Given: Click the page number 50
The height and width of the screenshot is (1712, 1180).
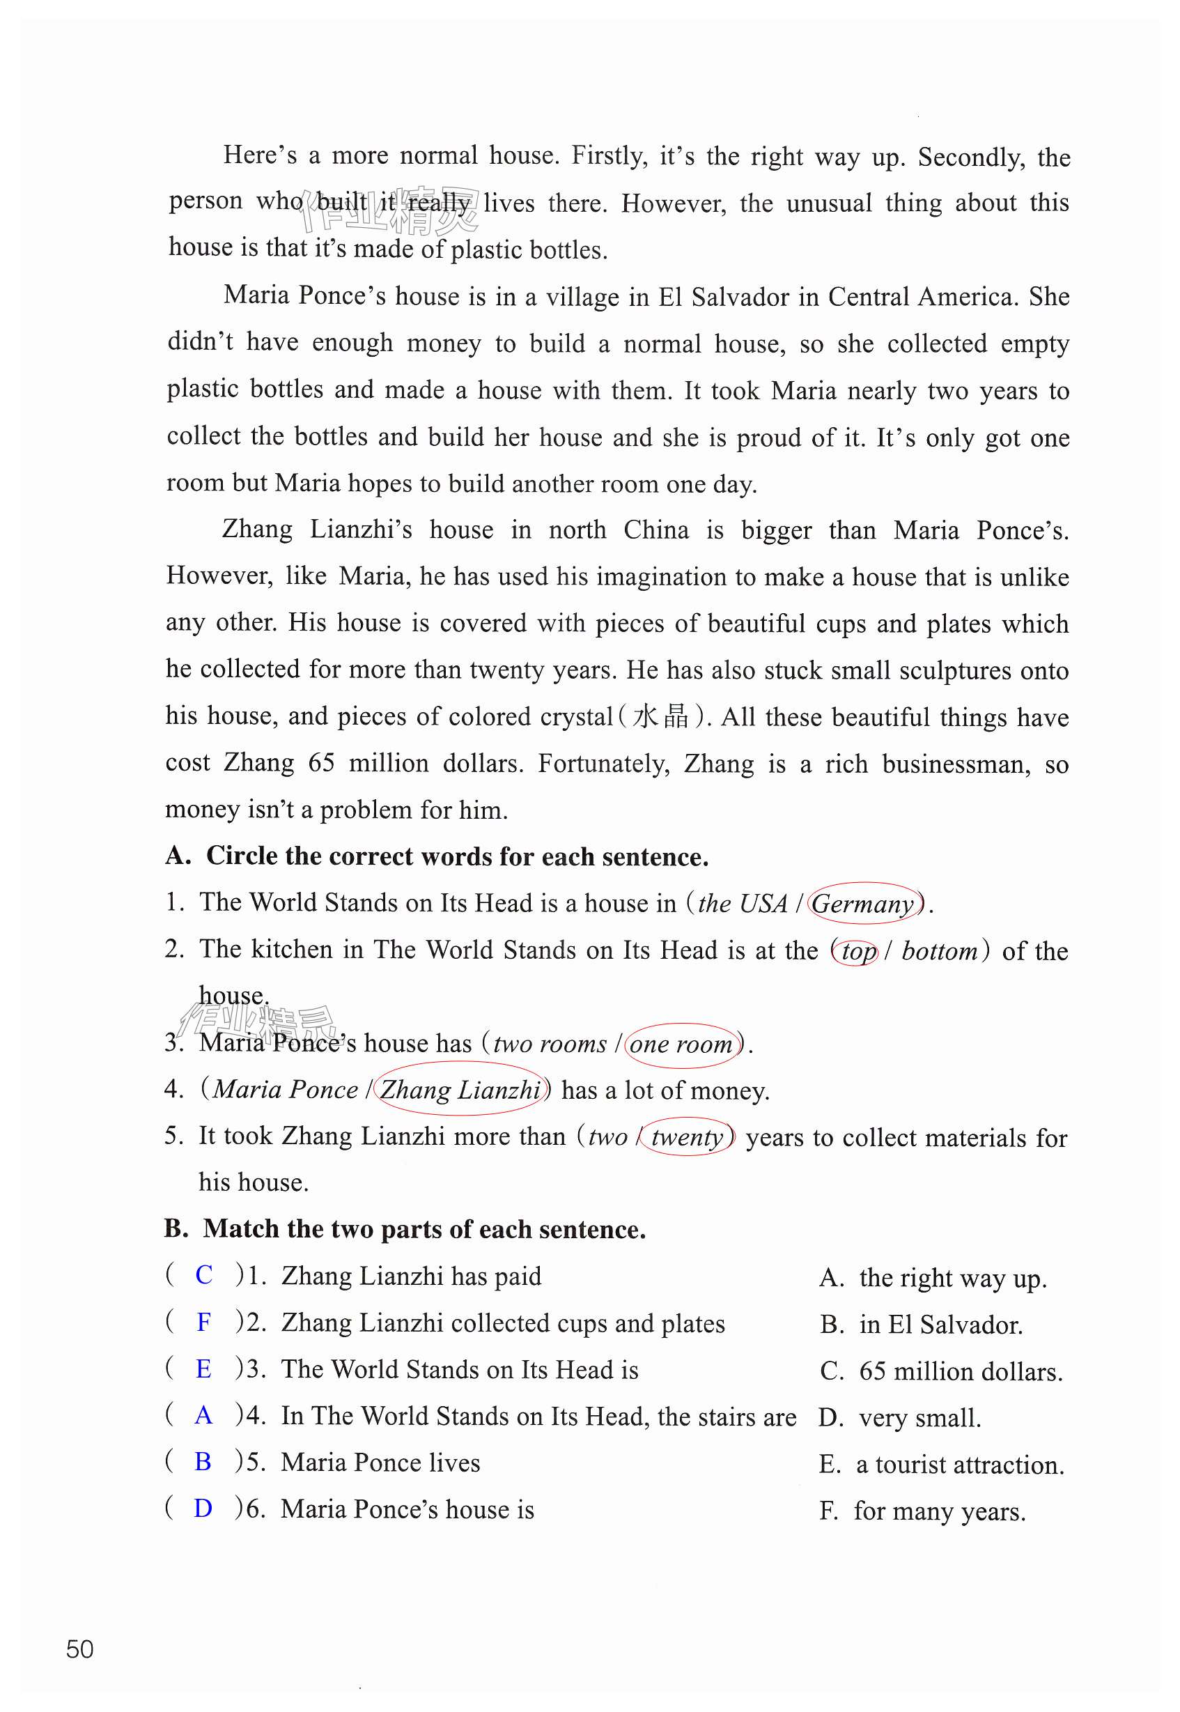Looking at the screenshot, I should point(80,1649).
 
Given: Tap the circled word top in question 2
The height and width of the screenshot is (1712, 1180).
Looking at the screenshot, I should point(856,951).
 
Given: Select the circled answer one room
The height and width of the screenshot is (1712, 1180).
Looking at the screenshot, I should point(682,1044).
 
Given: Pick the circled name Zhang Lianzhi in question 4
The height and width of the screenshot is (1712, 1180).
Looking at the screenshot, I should point(460,1090).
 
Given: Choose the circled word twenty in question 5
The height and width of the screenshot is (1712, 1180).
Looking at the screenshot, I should point(687,1136).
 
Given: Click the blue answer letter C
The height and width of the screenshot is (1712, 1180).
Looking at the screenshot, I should point(204,1275).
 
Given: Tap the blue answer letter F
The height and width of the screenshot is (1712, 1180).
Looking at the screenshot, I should point(204,1322).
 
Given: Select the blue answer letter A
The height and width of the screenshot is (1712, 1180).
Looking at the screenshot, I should point(203,1415).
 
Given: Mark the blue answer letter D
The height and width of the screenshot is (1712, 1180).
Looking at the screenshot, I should point(203,1509).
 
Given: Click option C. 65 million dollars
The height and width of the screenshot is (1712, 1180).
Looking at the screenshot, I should point(941,1372).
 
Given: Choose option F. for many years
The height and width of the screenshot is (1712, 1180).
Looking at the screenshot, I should point(922,1511).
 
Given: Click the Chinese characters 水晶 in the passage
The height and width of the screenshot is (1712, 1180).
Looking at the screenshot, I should point(660,716).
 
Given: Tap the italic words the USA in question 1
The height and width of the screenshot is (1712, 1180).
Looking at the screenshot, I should point(743,904).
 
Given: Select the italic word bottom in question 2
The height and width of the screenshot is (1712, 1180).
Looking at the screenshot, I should point(939,951).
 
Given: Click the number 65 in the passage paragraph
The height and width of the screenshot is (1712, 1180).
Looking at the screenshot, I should point(321,762).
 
